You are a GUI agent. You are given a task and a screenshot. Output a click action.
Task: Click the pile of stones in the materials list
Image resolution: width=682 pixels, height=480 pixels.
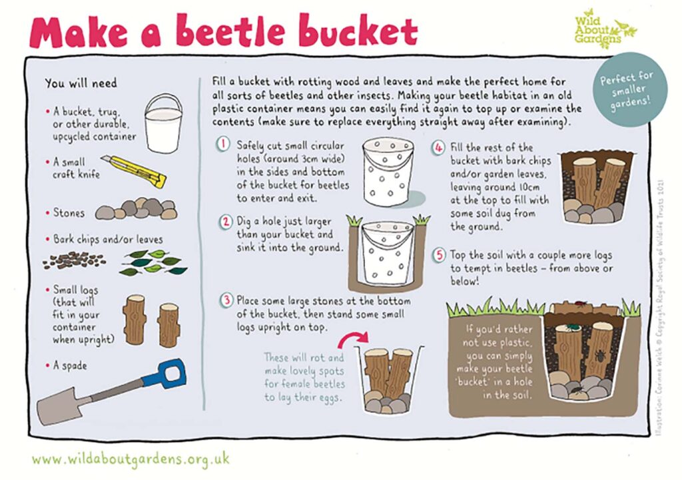tap(137, 210)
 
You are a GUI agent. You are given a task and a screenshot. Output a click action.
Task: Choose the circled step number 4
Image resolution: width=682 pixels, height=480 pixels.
tap(438, 147)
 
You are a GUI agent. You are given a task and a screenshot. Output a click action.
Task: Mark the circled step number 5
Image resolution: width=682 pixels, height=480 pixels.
tap(438, 255)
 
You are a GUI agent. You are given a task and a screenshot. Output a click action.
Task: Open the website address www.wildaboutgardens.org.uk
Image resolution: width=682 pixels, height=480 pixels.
tap(131, 459)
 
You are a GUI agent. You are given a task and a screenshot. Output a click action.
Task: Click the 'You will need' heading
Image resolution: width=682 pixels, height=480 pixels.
tap(81, 83)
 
